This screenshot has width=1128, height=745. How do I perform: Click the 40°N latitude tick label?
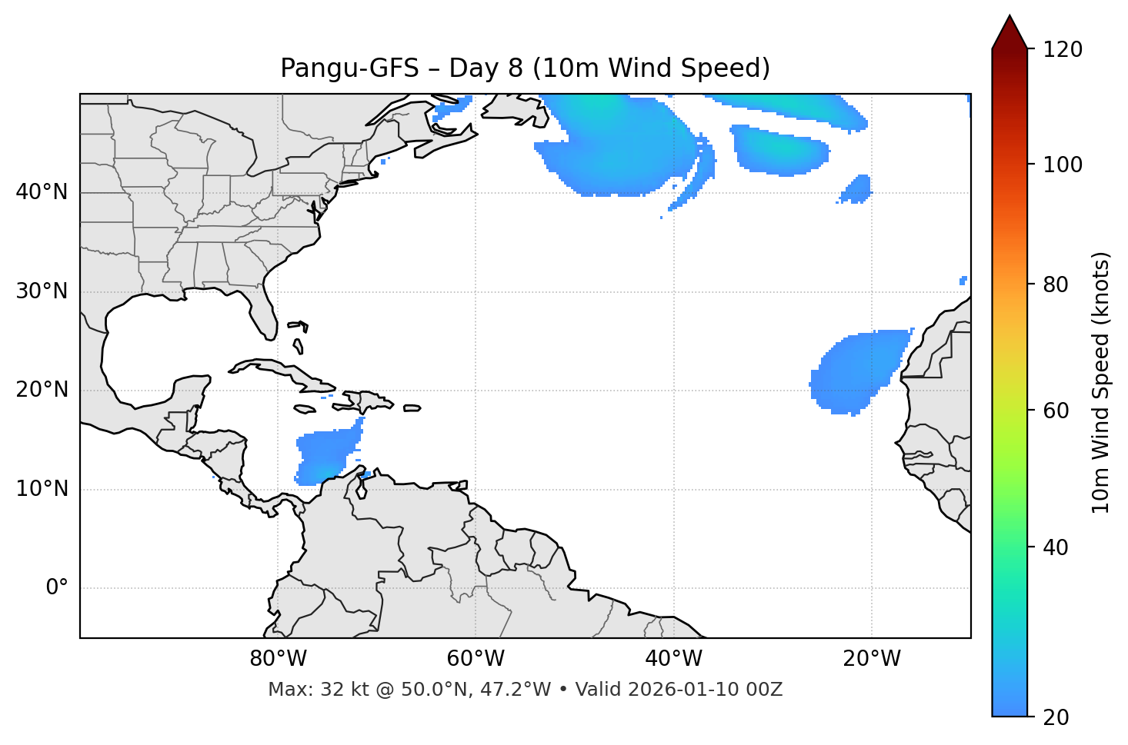coord(42,192)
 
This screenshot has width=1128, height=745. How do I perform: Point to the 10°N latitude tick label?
coord(42,489)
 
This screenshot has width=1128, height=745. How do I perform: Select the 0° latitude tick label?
coord(56,588)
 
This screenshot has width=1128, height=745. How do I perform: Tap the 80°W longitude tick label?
coord(278,659)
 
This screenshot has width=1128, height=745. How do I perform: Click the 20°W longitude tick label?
coord(872,659)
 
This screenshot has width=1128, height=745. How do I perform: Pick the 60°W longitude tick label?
coord(476,659)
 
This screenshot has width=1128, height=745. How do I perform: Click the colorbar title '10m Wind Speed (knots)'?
coord(1100,382)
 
